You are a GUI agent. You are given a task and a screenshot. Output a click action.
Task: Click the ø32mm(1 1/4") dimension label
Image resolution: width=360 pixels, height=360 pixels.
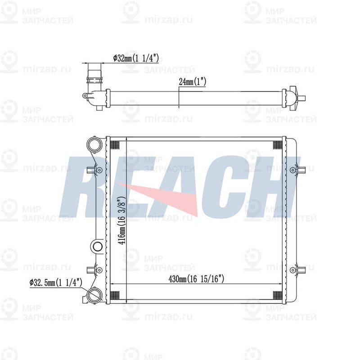(x=136, y=58)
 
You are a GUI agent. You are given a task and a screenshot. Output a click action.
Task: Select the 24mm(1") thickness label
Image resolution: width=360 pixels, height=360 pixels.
(x=192, y=81)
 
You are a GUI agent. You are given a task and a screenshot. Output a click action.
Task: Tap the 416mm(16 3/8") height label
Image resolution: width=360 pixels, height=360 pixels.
(x=122, y=220)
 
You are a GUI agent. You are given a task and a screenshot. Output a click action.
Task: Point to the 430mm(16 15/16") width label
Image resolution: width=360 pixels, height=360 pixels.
(x=196, y=279)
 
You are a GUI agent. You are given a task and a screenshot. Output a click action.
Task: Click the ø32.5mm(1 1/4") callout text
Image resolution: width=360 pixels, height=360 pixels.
(x=56, y=283)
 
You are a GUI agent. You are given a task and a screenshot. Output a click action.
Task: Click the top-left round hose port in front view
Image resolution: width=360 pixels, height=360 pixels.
(x=94, y=145)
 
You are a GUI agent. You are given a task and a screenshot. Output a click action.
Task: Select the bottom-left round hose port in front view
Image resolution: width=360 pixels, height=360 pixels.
(x=94, y=295)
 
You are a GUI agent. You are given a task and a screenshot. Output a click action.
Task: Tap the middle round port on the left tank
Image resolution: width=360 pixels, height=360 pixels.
(x=97, y=247)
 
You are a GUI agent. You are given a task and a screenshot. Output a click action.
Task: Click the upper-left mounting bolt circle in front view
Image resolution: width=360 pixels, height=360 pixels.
(x=99, y=170)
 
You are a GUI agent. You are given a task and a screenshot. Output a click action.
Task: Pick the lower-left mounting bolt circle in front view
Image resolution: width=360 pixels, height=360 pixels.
(x=99, y=270)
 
